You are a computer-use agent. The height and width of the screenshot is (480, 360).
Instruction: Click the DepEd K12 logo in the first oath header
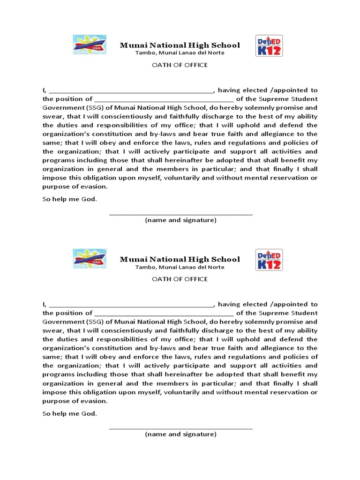pyautogui.click(x=269, y=45)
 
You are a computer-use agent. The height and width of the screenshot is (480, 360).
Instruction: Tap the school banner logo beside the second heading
pyautogui.click(x=90, y=259)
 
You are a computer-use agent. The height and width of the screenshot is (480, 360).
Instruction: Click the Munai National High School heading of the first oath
pyautogui.click(x=180, y=45)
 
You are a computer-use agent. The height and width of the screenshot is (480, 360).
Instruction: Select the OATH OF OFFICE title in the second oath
pyautogui.click(x=180, y=279)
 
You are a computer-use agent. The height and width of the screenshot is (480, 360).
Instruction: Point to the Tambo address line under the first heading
pyautogui.click(x=180, y=53)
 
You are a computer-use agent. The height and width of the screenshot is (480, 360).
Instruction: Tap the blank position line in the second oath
pyautogui.click(x=164, y=313)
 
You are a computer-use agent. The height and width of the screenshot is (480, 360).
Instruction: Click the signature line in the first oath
pyautogui.click(x=180, y=214)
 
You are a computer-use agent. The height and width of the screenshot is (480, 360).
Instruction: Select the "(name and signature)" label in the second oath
pyautogui.click(x=180, y=434)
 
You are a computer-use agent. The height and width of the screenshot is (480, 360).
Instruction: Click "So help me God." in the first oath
pyautogui.click(x=70, y=199)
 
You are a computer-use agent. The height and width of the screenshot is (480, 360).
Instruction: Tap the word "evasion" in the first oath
pyautogui.click(x=95, y=187)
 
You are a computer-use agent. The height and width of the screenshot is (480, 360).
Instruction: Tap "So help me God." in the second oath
pyautogui.click(x=70, y=413)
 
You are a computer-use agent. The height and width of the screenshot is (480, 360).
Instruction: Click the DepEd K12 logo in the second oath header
pyautogui.click(x=269, y=260)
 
